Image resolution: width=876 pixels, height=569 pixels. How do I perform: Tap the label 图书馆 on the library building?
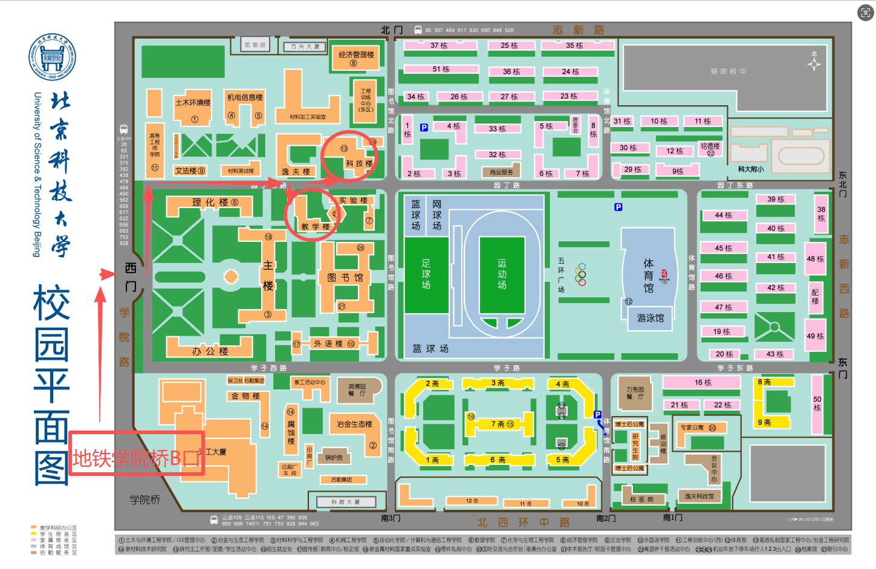pyautogui.click(x=345, y=278)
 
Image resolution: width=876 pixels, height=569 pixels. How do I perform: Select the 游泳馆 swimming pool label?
pyautogui.click(x=650, y=318)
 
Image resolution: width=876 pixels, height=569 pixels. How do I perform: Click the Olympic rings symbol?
pyautogui.click(x=580, y=274)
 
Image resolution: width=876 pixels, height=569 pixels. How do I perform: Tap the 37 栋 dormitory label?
pyautogui.click(x=439, y=45)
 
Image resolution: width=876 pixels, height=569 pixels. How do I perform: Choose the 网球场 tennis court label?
pyautogui.click(x=436, y=215)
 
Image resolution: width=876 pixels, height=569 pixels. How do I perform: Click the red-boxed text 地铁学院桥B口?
pyautogui.click(x=137, y=459)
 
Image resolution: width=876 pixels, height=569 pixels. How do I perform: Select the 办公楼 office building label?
pyautogui.click(x=210, y=351)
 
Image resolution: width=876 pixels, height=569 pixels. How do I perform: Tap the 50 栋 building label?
pyautogui.click(x=817, y=403)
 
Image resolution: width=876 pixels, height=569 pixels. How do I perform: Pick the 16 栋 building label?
pyautogui.click(x=702, y=382)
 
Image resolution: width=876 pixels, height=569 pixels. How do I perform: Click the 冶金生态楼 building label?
pyautogui.click(x=354, y=424)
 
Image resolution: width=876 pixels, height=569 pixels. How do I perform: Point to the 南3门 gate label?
pyautogui.click(x=391, y=518)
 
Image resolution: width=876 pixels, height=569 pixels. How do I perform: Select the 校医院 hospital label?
pyautogui.click(x=641, y=499)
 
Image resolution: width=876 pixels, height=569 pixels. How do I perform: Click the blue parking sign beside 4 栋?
pyautogui.click(x=424, y=128)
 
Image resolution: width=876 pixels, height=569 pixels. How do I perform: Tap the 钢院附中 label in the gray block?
pyautogui.click(x=728, y=71)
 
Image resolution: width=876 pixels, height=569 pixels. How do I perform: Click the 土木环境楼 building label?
pyautogui.click(x=193, y=103)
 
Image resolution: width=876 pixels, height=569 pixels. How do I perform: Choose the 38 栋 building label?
pyautogui.click(x=821, y=213)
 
